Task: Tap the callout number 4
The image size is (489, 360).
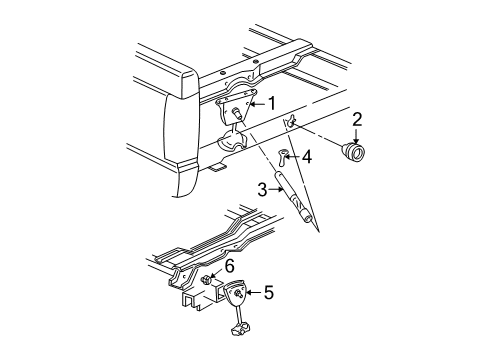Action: click(x=308, y=156)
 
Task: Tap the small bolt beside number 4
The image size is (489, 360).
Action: click(x=284, y=155)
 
